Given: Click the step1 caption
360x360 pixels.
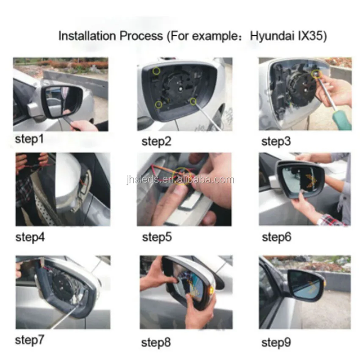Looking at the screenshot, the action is (29, 139).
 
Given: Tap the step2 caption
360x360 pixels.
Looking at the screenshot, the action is (156, 141).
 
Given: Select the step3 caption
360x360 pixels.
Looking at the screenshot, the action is (276, 141).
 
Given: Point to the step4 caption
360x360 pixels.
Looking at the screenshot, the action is (30, 237).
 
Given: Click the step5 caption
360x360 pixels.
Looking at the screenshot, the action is (157, 237).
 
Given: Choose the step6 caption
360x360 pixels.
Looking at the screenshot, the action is (277, 237).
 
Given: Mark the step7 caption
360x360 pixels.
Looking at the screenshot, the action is (29, 340).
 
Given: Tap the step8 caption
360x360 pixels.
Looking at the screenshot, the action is (156, 342).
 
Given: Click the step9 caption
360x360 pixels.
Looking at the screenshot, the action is (276, 342).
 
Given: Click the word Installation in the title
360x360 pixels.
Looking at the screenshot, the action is (87, 36).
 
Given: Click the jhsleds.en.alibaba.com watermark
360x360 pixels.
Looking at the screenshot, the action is (180, 180).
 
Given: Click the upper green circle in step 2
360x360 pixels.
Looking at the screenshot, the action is (157, 71).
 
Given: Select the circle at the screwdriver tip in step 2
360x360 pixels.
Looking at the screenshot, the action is (193, 101).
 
